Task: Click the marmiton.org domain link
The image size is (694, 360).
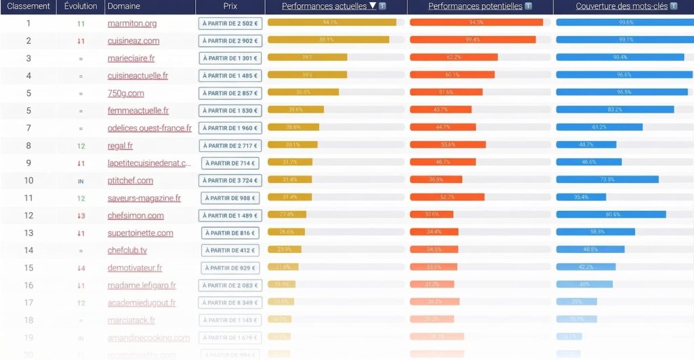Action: (132, 23)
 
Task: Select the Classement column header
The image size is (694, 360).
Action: (28, 6)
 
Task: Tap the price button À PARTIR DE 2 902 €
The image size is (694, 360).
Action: (230, 41)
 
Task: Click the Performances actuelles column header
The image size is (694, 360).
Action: (329, 6)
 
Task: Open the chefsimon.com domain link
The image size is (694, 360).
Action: (136, 216)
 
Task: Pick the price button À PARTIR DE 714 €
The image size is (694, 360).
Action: (230, 163)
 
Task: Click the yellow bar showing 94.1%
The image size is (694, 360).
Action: (331, 22)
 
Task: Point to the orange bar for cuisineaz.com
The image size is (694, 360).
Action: (472, 40)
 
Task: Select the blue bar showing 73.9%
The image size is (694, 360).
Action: (607, 180)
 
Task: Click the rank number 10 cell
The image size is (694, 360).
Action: (28, 180)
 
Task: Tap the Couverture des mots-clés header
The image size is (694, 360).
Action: (621, 6)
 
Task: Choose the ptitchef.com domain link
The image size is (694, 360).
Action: (130, 180)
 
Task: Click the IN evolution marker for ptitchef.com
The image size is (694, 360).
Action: (81, 181)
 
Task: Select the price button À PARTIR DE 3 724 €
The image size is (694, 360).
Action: (230, 180)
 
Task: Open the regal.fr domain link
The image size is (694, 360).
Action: (120, 146)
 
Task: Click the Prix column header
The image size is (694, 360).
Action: (230, 6)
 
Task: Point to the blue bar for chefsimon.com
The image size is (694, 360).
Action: (611, 214)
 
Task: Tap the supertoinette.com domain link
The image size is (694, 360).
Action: (140, 233)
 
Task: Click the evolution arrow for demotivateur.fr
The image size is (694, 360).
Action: (81, 268)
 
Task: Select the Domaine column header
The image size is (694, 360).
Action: (123, 6)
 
